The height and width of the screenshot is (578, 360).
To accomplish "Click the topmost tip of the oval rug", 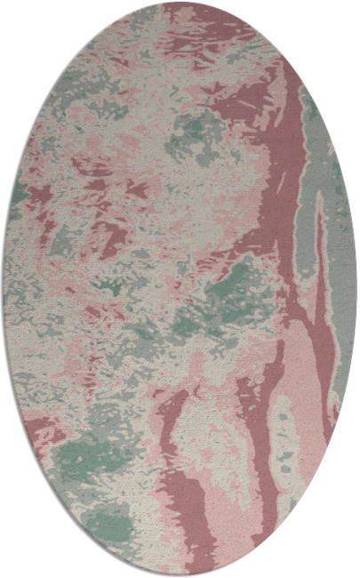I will tap(180, 3).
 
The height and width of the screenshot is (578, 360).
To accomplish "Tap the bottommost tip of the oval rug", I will tap(180, 575).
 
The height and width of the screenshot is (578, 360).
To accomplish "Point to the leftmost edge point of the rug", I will tap(3, 289).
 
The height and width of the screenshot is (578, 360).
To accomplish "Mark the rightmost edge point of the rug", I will tap(357, 289).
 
